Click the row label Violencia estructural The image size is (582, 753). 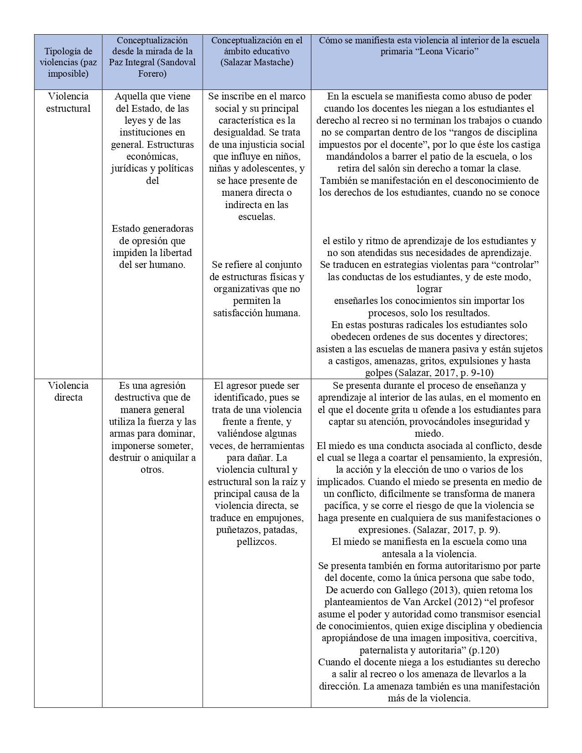(68, 102)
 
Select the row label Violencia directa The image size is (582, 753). (68, 391)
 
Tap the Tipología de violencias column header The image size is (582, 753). (68, 62)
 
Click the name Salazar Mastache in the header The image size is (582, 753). (257, 62)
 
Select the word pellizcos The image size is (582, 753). (257, 542)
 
